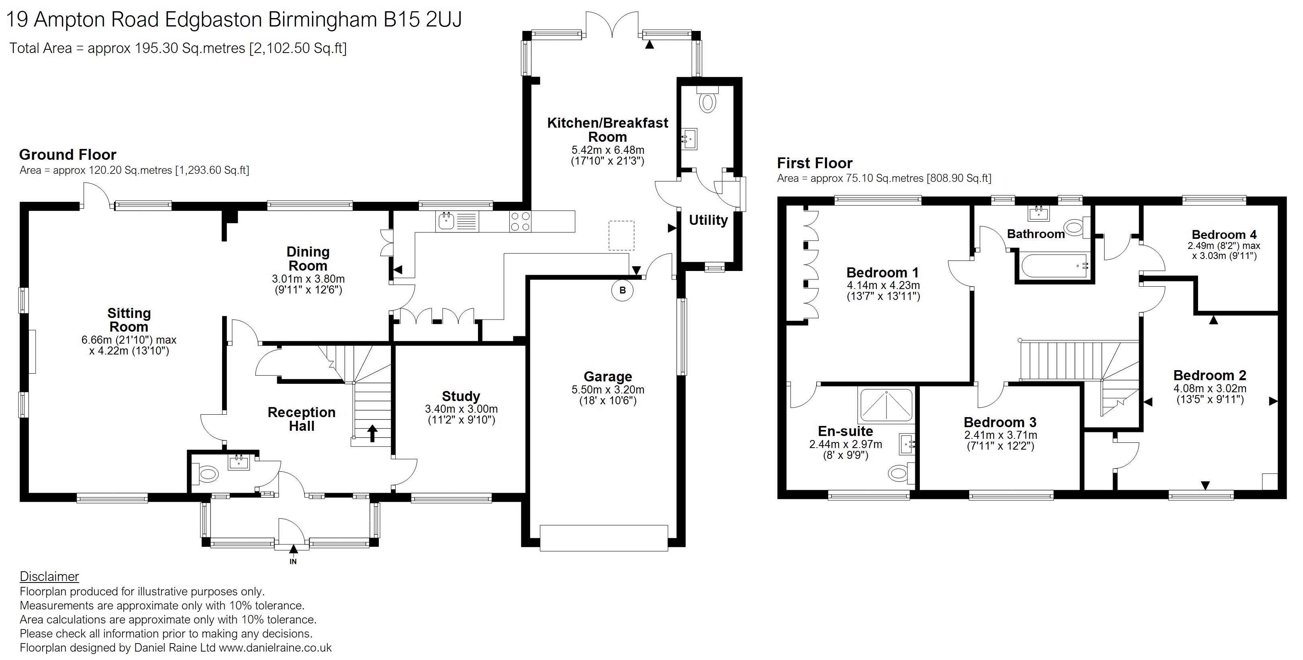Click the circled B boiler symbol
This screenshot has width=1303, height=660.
[x=623, y=290]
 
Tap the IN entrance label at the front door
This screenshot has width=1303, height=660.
[x=293, y=561]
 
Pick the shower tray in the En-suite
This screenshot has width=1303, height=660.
[x=886, y=405]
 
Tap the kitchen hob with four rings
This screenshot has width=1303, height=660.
[x=521, y=222]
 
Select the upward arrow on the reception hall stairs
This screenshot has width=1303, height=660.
[x=372, y=433]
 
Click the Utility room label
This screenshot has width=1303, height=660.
[x=708, y=220]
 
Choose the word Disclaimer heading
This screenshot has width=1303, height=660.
[x=49, y=576]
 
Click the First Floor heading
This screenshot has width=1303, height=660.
[x=815, y=163]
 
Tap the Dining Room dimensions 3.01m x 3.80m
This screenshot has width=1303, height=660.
[x=308, y=279]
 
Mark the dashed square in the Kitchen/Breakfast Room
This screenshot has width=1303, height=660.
[x=621, y=236]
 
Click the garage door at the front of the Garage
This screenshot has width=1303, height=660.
[x=604, y=538]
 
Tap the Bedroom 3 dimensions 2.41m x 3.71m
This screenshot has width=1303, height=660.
[x=1001, y=435]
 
